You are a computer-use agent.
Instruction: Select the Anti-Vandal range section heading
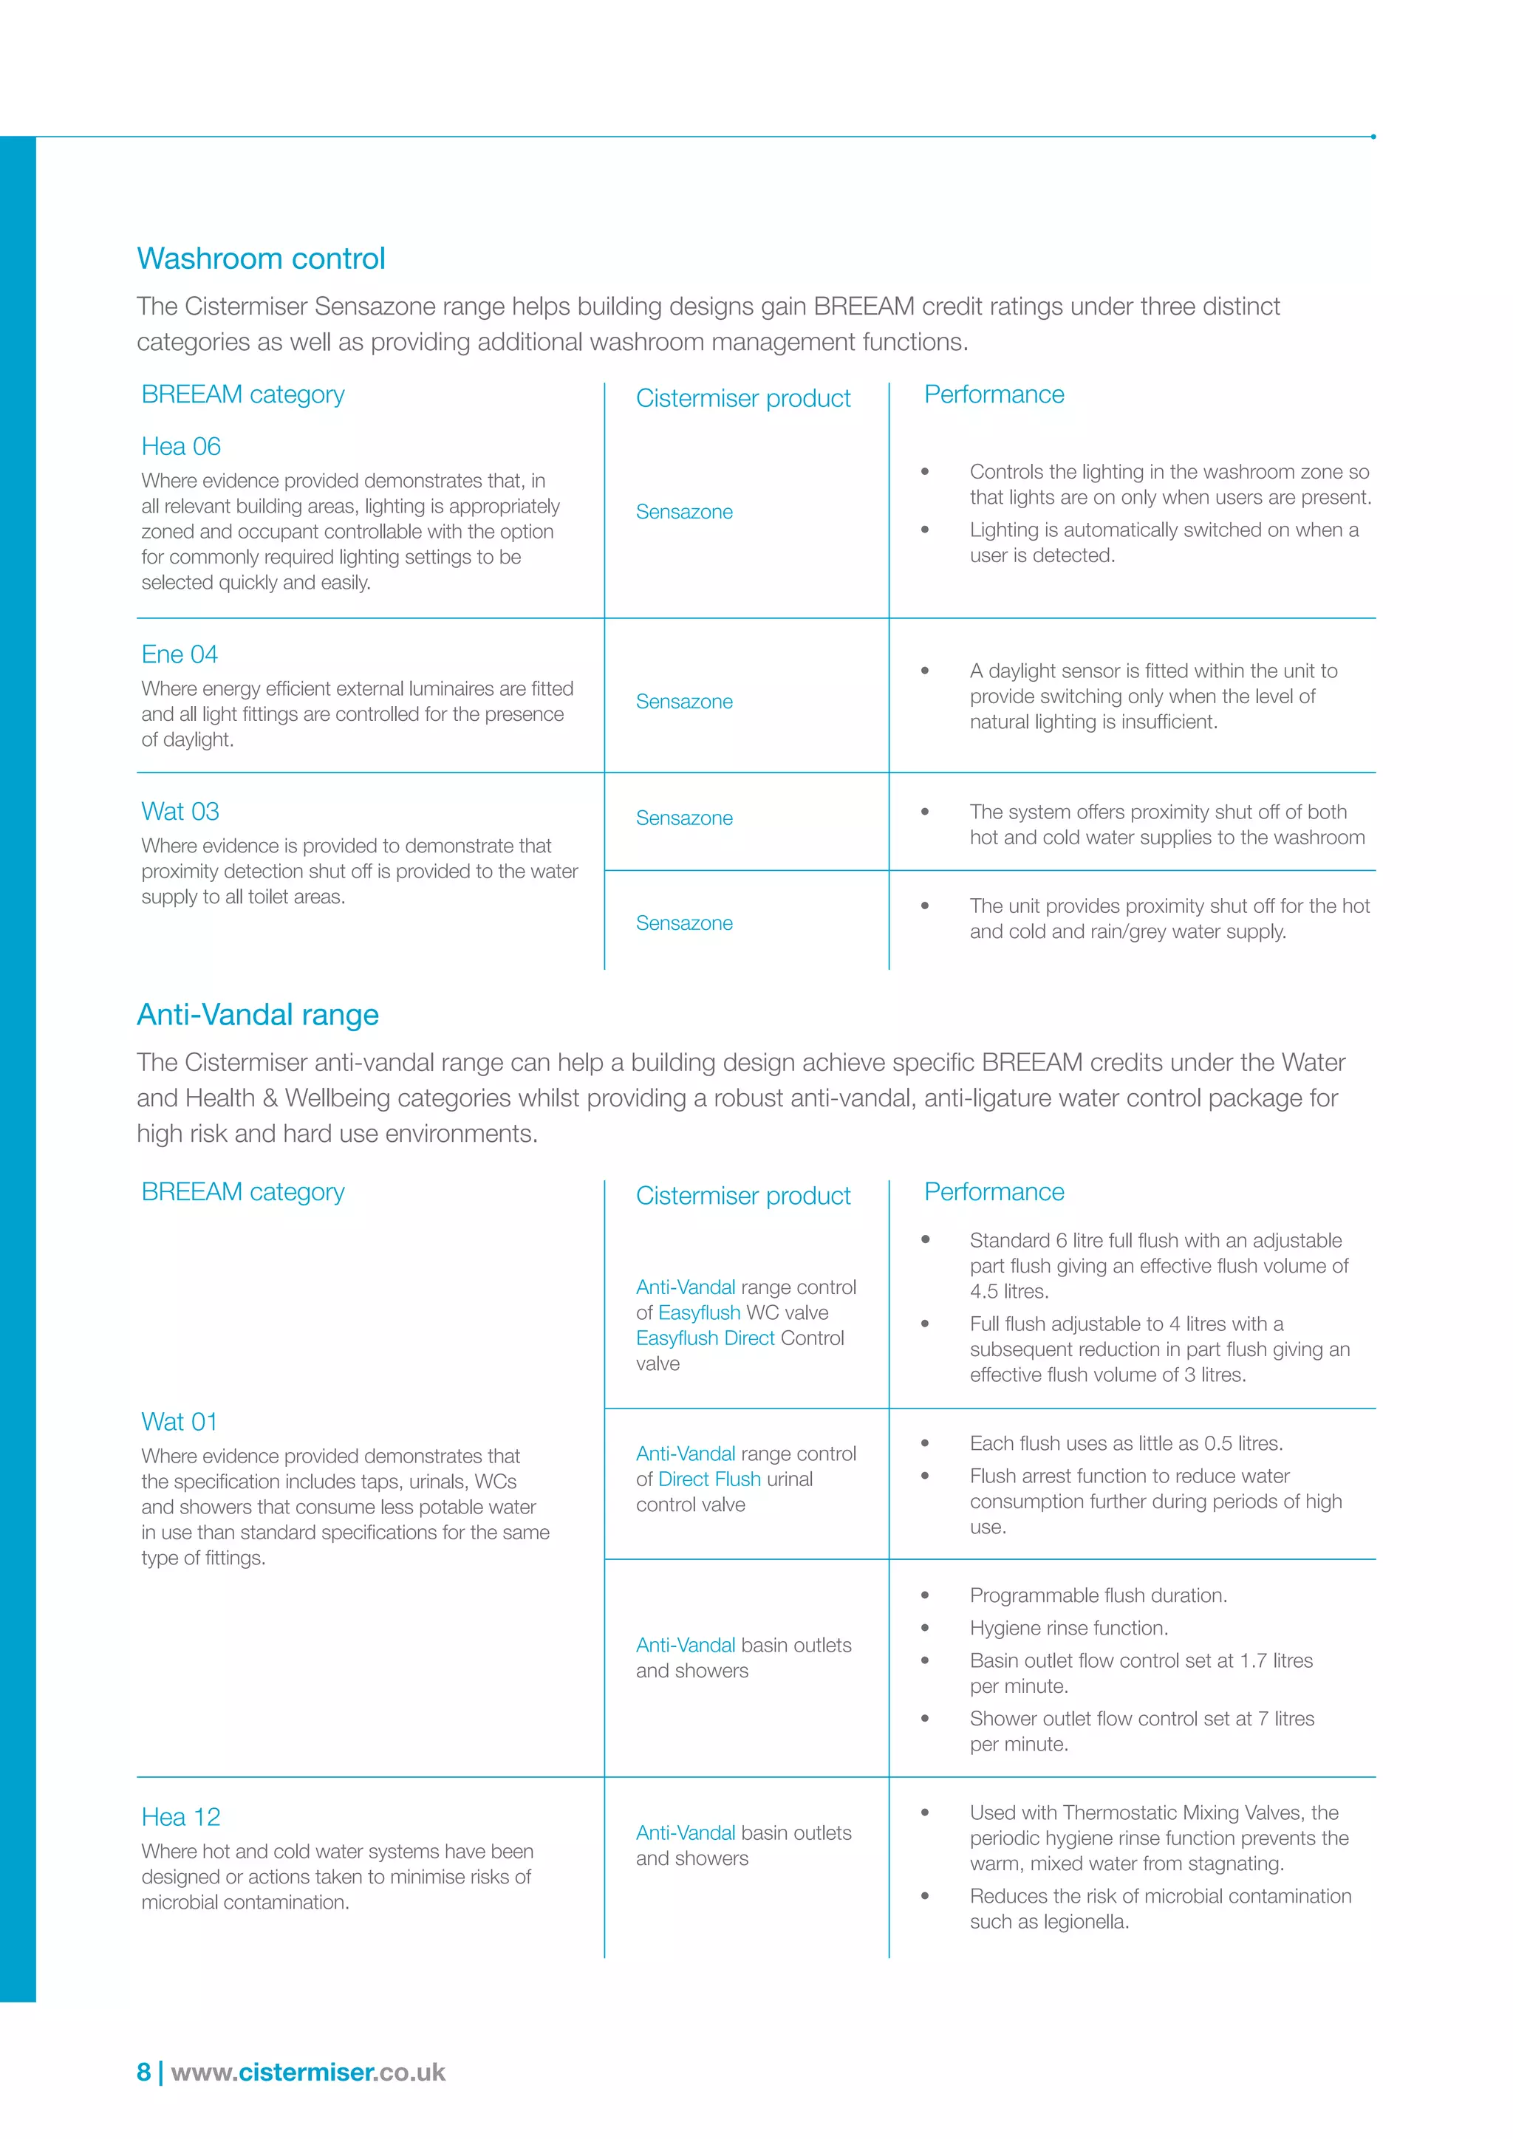click(x=257, y=1015)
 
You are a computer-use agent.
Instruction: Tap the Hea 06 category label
click(x=181, y=446)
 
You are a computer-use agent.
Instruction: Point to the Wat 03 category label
click(x=180, y=812)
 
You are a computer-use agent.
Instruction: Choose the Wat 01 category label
click(x=179, y=1422)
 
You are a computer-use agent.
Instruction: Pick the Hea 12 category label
click(x=181, y=1817)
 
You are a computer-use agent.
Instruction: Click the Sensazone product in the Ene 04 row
click(x=684, y=702)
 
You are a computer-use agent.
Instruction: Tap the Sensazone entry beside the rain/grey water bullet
click(x=684, y=923)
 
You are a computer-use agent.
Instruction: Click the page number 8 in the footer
click(x=143, y=2072)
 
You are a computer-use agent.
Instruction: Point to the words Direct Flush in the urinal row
click(x=709, y=1479)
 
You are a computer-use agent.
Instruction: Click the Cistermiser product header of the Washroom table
click(x=742, y=399)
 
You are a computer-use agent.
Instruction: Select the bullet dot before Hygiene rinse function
click(x=925, y=1628)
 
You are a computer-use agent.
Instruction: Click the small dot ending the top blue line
click(x=1373, y=137)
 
